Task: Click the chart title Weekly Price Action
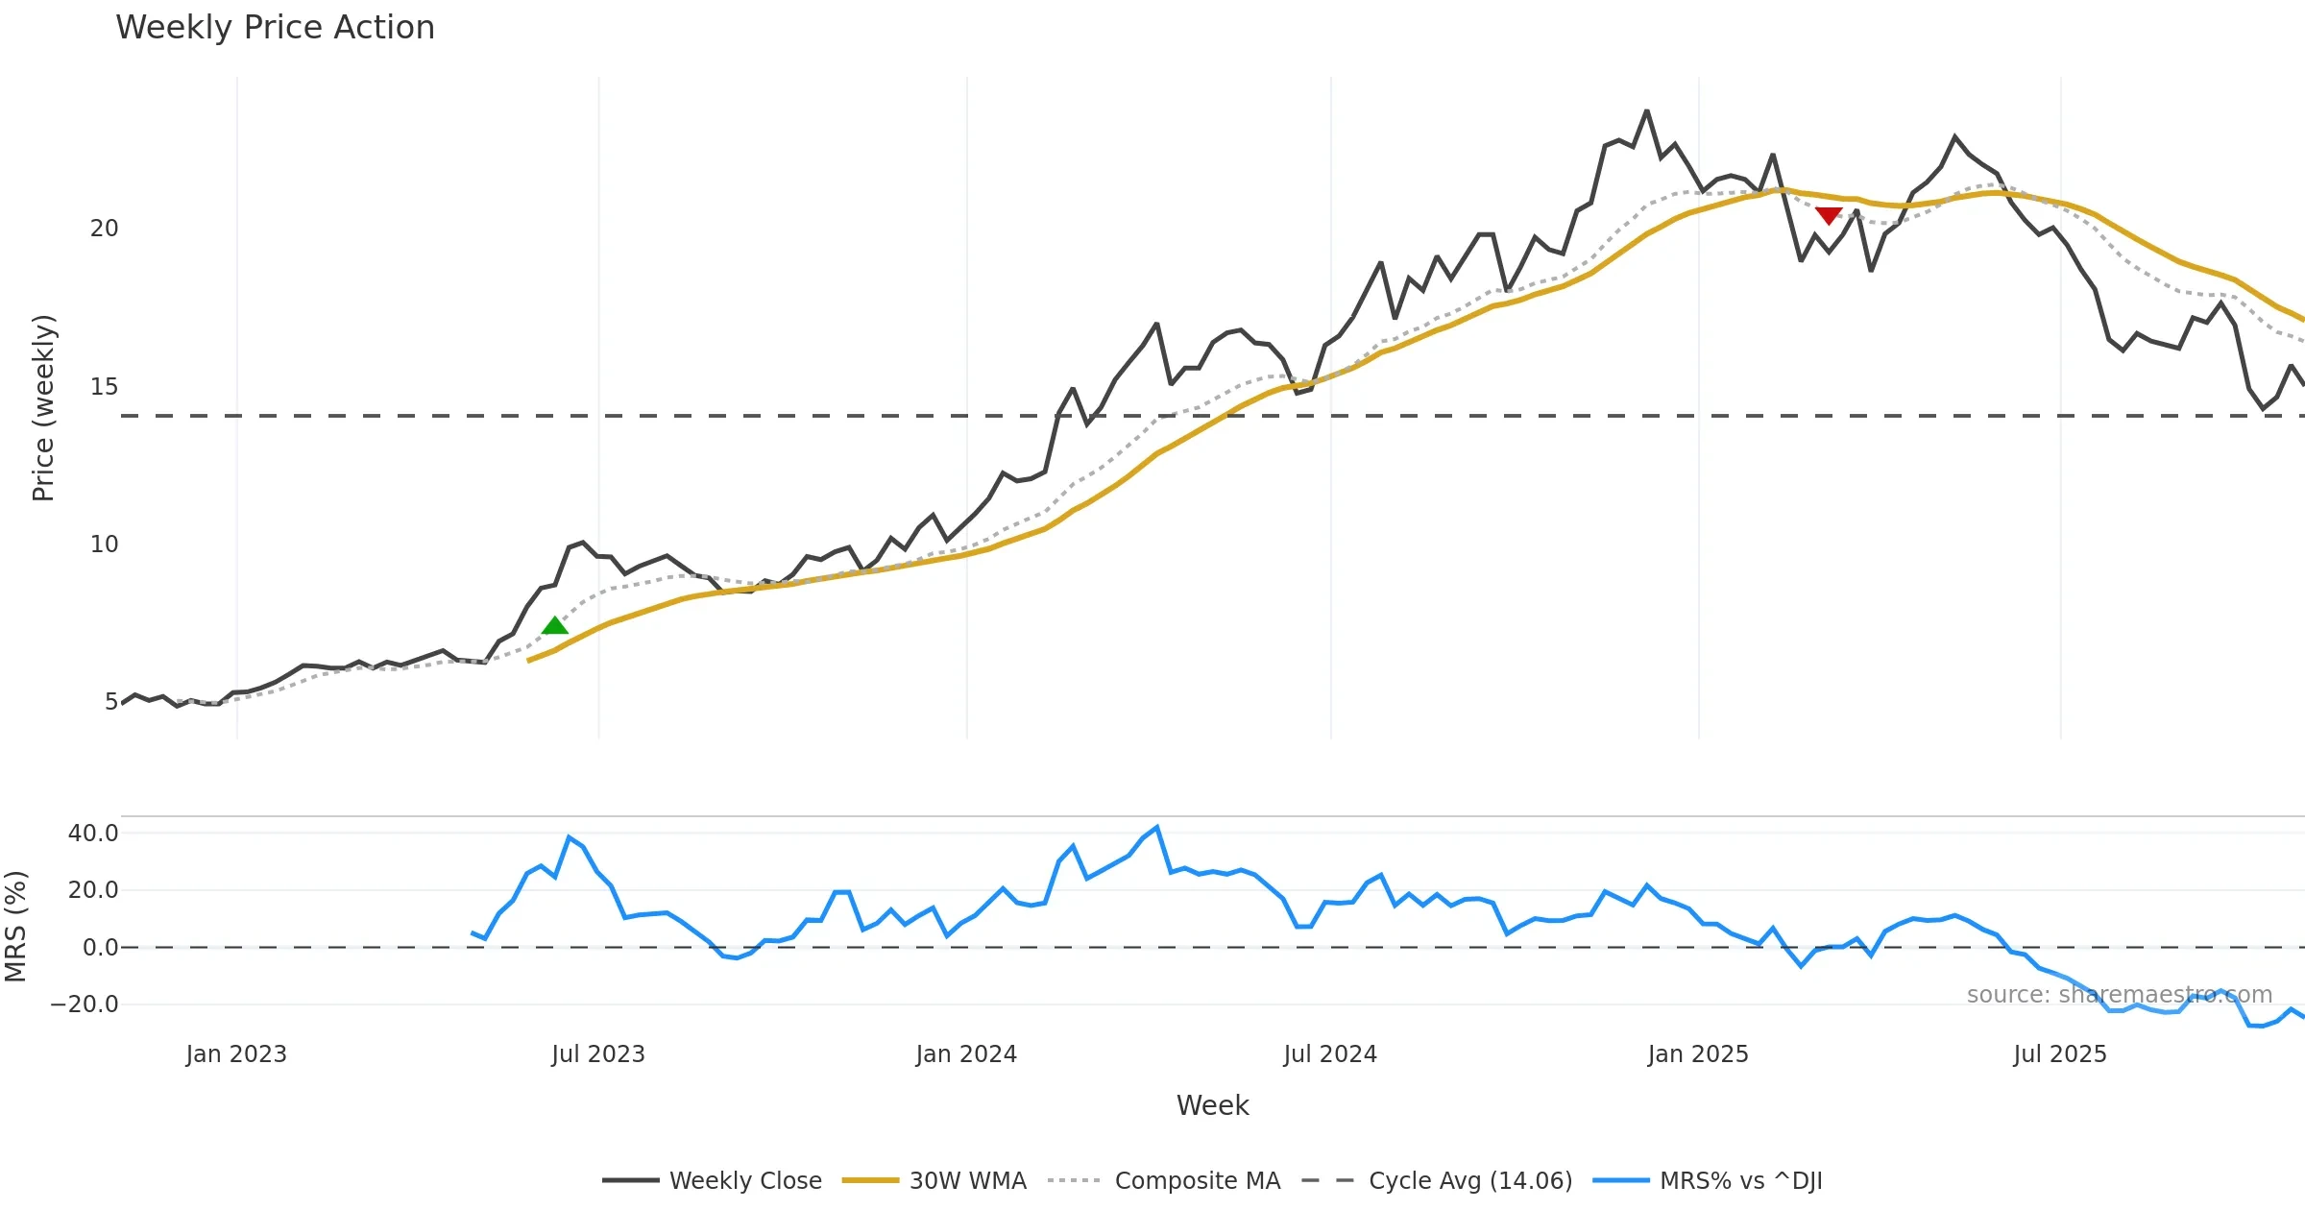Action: tap(275, 28)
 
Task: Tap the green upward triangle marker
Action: tap(555, 626)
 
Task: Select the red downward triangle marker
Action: tap(1829, 215)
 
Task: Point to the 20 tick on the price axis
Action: tap(104, 229)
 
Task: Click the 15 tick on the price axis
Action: tap(104, 387)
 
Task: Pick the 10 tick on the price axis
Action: tap(104, 544)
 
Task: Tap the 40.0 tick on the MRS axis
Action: tap(93, 834)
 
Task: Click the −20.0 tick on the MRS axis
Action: tap(85, 1004)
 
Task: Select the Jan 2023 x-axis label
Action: tap(236, 1054)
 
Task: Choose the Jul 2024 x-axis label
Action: tap(1330, 1054)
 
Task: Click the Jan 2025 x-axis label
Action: tap(1698, 1054)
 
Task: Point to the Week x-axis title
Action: tap(1212, 1106)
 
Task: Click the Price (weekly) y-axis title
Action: tap(43, 408)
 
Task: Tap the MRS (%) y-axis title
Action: tap(16, 927)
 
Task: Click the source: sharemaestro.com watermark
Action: tap(2119, 995)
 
